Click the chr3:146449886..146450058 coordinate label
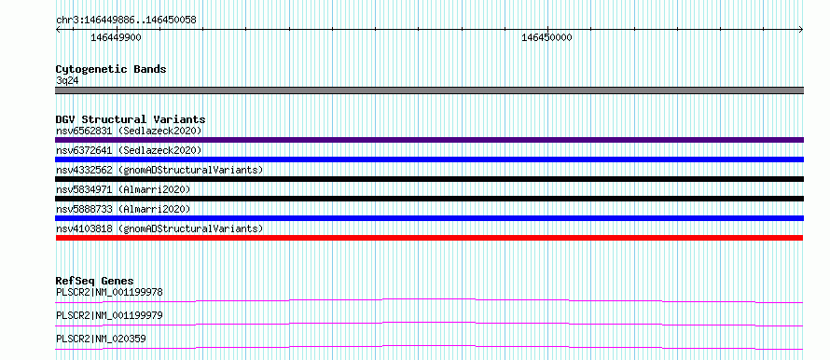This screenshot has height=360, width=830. [126, 21]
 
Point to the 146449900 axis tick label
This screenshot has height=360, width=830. [116, 37]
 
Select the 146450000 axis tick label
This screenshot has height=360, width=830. [546, 37]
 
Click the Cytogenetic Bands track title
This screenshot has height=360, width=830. [111, 69]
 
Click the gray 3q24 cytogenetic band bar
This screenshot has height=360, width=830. [429, 90]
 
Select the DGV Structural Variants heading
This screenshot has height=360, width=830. [131, 119]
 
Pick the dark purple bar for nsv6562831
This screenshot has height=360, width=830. [429, 140]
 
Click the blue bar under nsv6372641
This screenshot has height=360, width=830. [429, 159]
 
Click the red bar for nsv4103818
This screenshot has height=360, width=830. [429, 238]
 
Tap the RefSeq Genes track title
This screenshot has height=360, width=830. [95, 281]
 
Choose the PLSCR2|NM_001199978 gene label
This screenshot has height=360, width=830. [109, 292]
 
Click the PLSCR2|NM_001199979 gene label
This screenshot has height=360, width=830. [109, 315]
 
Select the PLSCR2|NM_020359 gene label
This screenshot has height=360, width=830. [101, 339]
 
